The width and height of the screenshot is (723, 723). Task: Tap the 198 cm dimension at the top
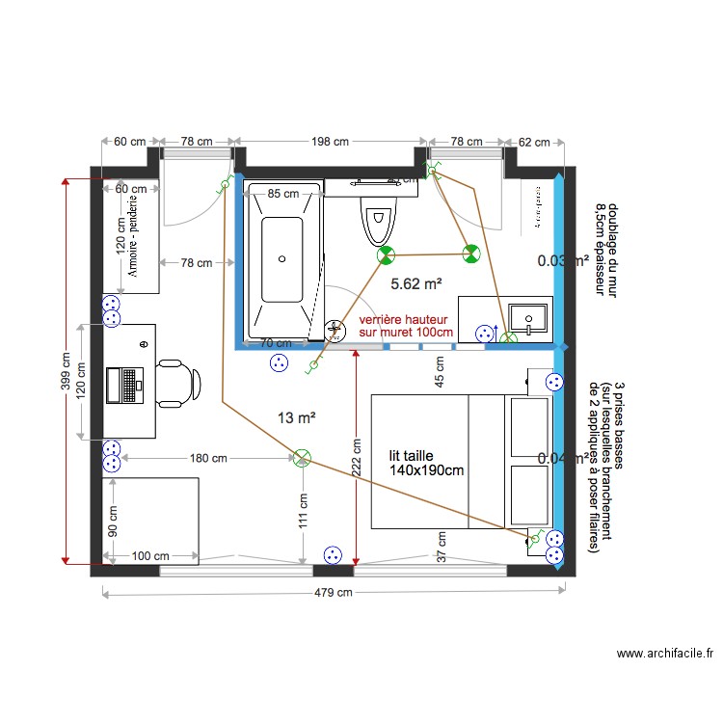[329, 142]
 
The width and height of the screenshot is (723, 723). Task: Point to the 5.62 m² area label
[416, 283]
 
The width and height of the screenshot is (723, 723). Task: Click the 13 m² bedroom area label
[297, 417]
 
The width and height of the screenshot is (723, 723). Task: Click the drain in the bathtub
[282, 257]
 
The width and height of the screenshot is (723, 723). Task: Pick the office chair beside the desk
[178, 381]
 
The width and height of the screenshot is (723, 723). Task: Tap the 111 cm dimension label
[303, 512]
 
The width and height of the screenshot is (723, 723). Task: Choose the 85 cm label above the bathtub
[282, 194]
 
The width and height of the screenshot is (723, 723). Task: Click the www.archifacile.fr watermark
[664, 654]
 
